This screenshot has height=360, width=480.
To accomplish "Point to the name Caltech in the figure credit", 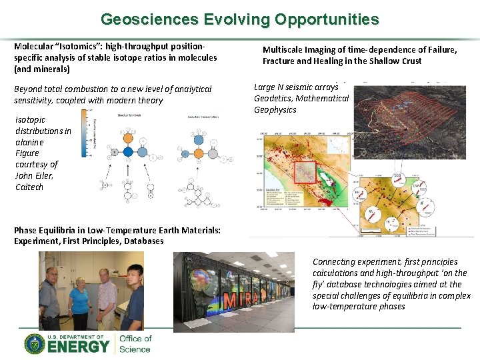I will coord(29,187).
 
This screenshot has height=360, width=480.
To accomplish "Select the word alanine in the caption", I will coord(29,142).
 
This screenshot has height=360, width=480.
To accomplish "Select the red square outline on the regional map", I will coord(305,173).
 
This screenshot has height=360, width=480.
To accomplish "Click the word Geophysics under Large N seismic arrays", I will coord(275,110).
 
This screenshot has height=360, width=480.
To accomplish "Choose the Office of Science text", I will coord(135,344).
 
